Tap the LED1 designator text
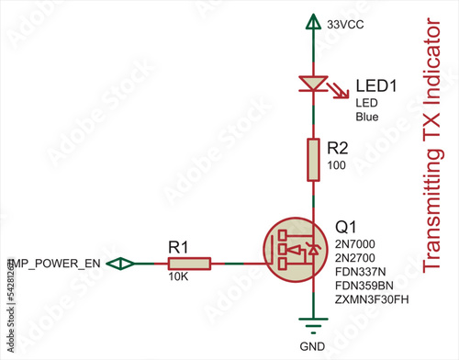tap(375, 86)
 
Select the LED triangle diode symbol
tap(314, 84)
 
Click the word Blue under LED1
tap(367, 117)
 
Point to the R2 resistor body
tap(314, 159)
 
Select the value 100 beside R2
tap(336, 164)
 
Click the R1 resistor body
tap(191, 264)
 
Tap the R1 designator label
tap(178, 247)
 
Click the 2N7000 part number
tap(355, 244)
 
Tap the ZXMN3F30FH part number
tap(370, 300)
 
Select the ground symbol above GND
tap(314, 323)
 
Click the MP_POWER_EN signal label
tap(55, 264)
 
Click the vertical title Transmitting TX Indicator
tap(437, 147)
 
